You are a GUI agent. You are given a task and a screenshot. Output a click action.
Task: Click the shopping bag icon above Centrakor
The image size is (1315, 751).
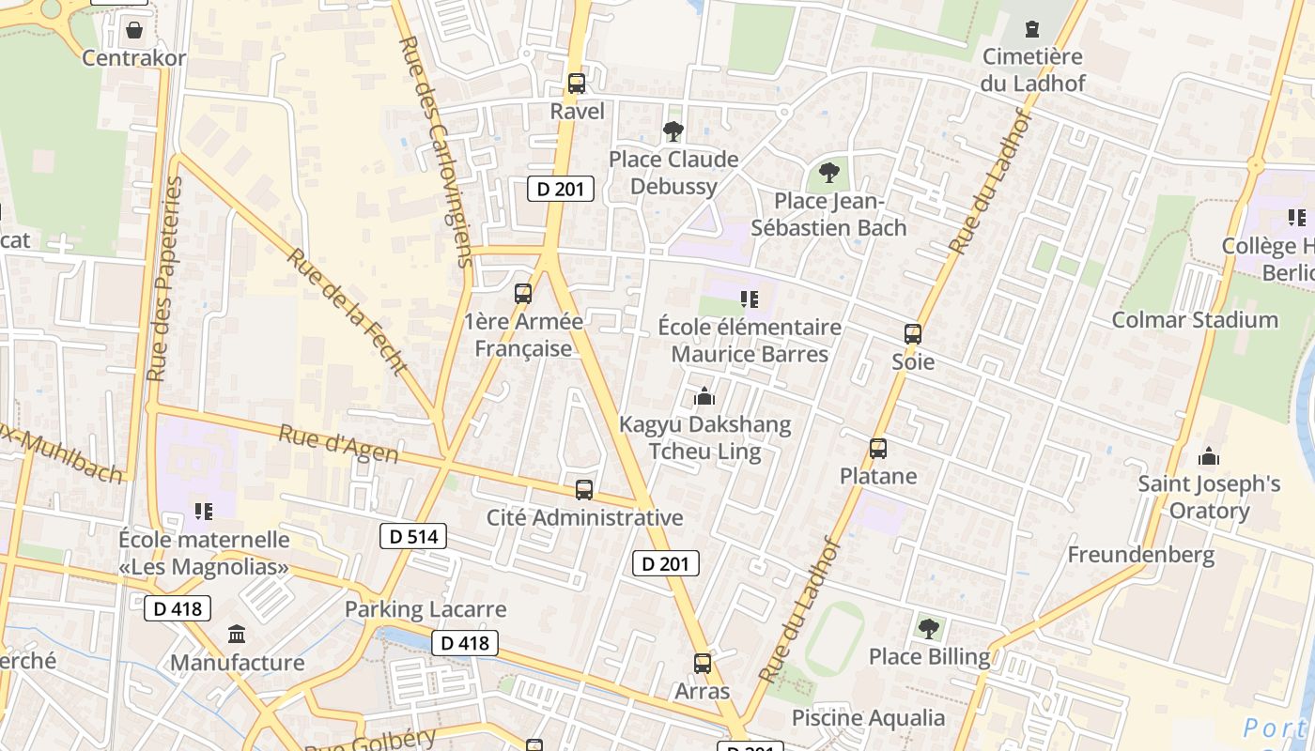click(134, 31)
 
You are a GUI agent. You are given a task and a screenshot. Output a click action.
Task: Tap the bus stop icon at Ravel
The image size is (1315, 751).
click(577, 84)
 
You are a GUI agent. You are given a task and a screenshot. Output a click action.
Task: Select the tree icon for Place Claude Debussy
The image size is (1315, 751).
click(673, 131)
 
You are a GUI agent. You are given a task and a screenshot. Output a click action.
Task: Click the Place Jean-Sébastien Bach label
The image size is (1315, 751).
click(828, 214)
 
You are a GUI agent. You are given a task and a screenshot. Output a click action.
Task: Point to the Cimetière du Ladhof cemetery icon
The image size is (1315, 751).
click(1033, 30)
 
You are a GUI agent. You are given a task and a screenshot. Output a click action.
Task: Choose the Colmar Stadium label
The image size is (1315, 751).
click(1194, 320)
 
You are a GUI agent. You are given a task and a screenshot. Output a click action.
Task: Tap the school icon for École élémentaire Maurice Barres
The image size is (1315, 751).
click(750, 299)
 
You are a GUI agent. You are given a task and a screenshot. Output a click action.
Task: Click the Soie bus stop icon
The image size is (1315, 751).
click(913, 334)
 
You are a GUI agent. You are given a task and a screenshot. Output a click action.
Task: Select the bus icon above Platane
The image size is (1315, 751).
click(878, 449)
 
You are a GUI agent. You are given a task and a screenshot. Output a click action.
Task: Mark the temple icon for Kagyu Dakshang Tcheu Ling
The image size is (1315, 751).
click(704, 397)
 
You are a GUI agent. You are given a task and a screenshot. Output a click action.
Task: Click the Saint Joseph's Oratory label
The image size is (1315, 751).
click(1209, 498)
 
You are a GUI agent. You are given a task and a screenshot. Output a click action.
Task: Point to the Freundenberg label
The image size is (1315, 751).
click(1140, 555)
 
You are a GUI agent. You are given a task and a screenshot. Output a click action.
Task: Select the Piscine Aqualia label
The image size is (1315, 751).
click(868, 718)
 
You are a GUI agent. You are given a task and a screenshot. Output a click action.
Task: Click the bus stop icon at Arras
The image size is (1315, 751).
click(703, 664)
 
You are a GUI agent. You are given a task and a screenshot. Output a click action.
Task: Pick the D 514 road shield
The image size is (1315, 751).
click(413, 537)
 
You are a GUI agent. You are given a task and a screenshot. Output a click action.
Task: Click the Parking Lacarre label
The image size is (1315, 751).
click(425, 609)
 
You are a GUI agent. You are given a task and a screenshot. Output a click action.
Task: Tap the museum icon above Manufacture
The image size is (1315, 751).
click(237, 635)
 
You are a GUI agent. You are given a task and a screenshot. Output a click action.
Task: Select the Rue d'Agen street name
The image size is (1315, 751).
click(338, 444)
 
